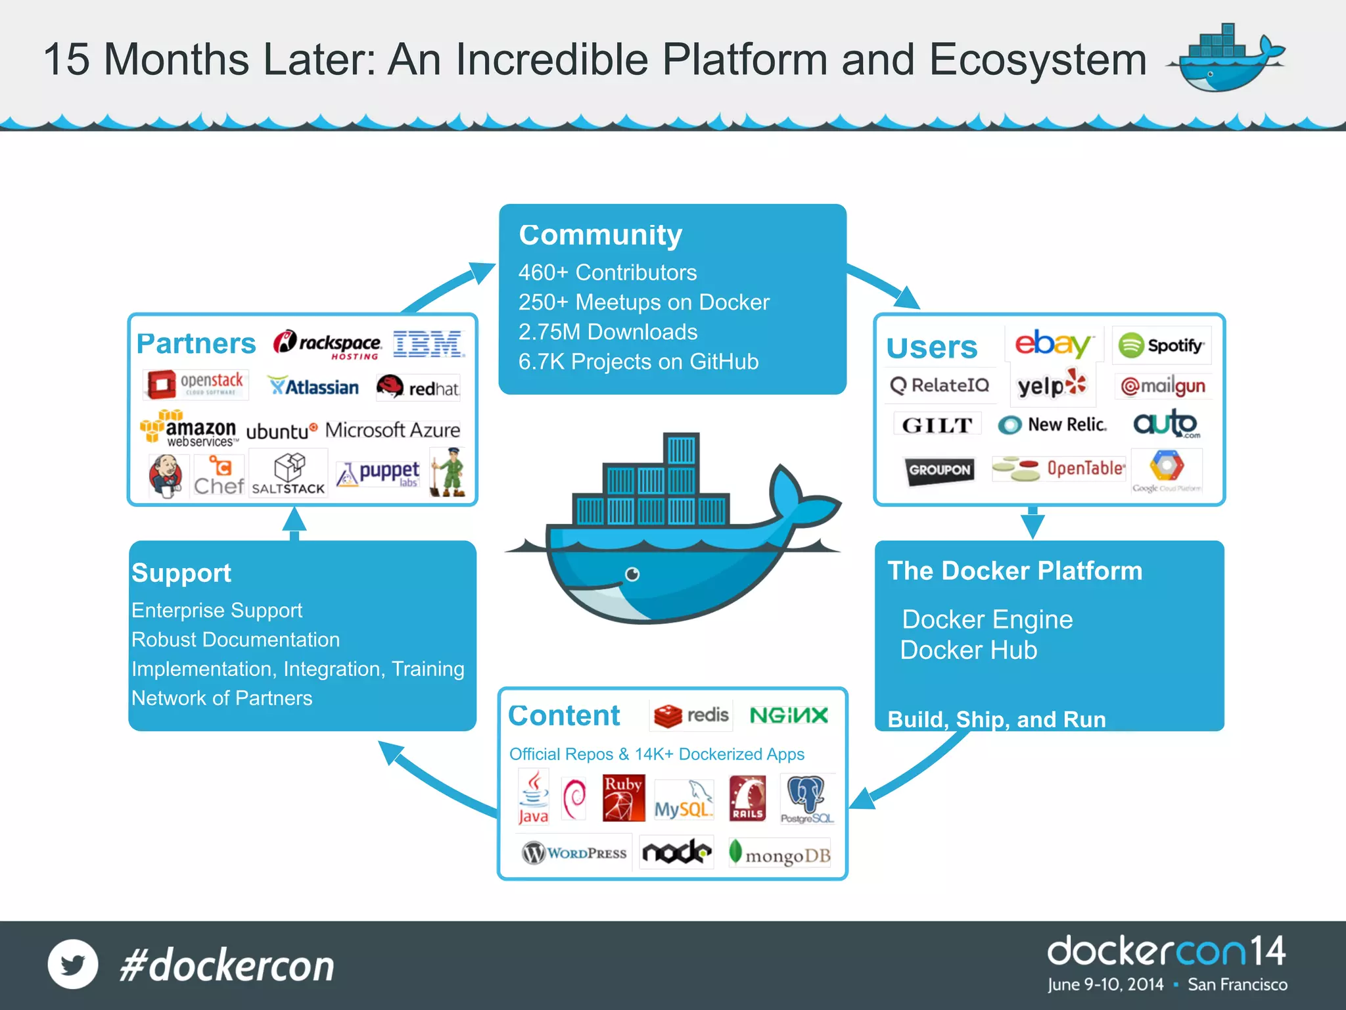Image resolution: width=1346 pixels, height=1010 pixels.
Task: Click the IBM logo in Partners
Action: coord(429,344)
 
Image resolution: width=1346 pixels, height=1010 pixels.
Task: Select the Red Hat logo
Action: coord(418,387)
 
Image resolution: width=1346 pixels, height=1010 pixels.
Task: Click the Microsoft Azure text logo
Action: coord(392,430)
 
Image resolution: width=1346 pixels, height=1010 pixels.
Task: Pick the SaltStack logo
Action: coord(289,474)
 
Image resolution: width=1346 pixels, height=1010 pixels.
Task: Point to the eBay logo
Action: coord(1053,344)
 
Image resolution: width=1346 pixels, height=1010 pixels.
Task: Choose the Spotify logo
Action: coord(1161,345)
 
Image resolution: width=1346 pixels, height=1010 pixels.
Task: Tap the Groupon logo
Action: coord(939,470)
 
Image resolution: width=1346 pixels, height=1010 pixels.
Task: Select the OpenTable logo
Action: coord(1059,469)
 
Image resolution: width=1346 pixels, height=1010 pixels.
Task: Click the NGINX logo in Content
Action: coord(789,715)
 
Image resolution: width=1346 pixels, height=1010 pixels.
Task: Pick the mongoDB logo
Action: coord(780,854)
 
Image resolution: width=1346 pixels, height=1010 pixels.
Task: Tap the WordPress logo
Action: coord(574,853)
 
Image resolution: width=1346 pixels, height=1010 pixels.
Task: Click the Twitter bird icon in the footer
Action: coord(73,965)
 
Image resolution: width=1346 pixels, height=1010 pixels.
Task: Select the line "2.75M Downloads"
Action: coord(607,332)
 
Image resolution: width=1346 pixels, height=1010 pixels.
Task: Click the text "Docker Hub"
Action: coord(968,650)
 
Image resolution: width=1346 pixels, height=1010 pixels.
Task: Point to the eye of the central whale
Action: coord(632,574)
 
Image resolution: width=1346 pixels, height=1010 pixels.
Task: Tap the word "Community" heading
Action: coord(600,235)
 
